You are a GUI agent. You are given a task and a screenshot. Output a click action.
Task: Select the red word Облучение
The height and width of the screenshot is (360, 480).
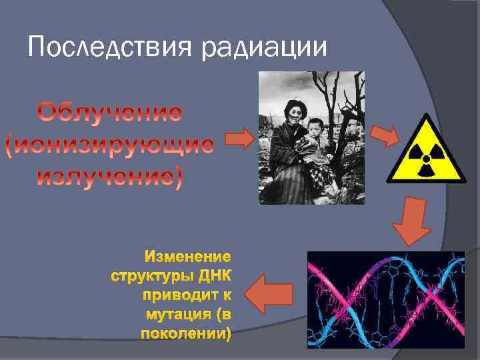(x=109, y=113)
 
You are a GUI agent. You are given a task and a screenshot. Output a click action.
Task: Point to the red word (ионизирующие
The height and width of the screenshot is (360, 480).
(x=109, y=145)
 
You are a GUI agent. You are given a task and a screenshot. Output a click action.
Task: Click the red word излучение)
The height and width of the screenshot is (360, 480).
(x=109, y=178)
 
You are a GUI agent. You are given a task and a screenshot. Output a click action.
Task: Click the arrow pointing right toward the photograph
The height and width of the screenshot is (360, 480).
(x=239, y=139)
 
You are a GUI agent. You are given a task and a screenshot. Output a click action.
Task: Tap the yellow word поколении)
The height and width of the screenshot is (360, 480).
(x=186, y=333)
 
